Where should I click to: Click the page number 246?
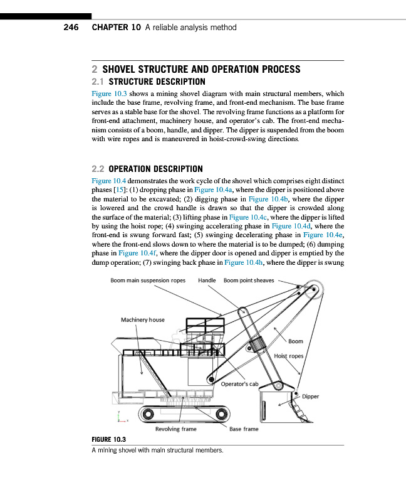click(70, 28)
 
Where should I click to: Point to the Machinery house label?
click(142, 320)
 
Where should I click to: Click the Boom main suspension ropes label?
click(148, 280)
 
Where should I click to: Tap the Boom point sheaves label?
click(249, 280)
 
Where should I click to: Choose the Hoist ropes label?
click(289, 356)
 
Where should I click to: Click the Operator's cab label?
click(240, 383)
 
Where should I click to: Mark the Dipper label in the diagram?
click(311, 397)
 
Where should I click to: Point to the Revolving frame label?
click(175, 429)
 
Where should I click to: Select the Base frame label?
click(243, 429)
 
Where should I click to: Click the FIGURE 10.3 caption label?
click(109, 441)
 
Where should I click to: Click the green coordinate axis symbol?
click(120, 416)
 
